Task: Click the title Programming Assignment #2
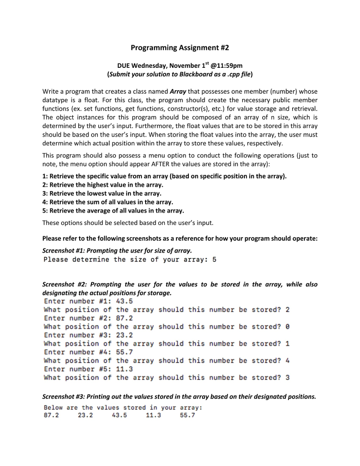click(x=180, y=47)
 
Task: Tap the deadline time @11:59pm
click(x=225, y=66)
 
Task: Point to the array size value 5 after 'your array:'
click(x=214, y=260)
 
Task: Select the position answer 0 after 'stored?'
click(x=287, y=327)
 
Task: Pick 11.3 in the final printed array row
click(x=153, y=416)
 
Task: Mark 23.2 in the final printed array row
click(x=85, y=416)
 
